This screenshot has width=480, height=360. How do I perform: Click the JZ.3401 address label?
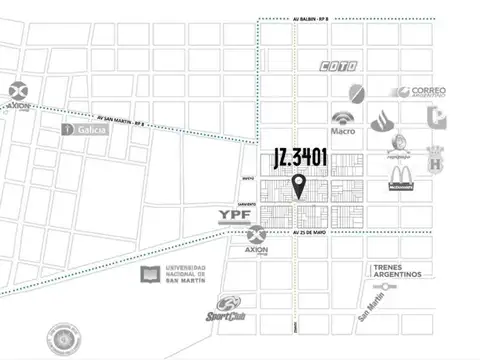point(299,157)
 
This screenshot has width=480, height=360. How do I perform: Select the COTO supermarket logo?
point(339,66)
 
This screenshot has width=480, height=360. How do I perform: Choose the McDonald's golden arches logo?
point(402,180)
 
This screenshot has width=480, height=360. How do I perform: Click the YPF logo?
point(235,214)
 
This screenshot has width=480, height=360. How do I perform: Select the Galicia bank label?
point(85,129)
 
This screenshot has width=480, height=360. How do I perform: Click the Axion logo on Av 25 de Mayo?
point(256,240)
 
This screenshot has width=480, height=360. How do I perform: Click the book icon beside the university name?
point(149,273)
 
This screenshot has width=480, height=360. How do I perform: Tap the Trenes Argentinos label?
point(399,271)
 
